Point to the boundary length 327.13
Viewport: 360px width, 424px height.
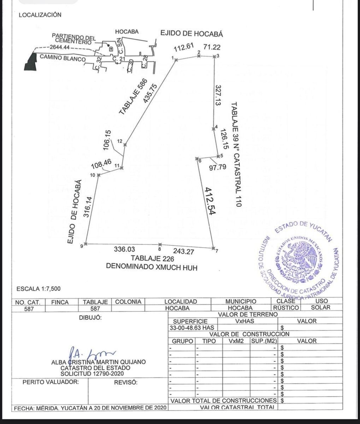(218, 95)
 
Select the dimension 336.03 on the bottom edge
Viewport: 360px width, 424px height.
(124, 249)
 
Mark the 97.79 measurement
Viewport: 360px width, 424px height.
(217, 167)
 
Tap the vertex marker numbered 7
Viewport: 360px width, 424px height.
(213, 248)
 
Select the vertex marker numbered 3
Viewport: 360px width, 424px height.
(214, 56)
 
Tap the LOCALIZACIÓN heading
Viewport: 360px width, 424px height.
(40, 15)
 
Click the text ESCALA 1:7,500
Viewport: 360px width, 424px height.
(39, 289)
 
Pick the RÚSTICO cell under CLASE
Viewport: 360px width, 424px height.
(286, 308)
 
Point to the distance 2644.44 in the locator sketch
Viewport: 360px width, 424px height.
(60, 47)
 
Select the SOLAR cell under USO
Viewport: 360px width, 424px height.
(321, 308)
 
